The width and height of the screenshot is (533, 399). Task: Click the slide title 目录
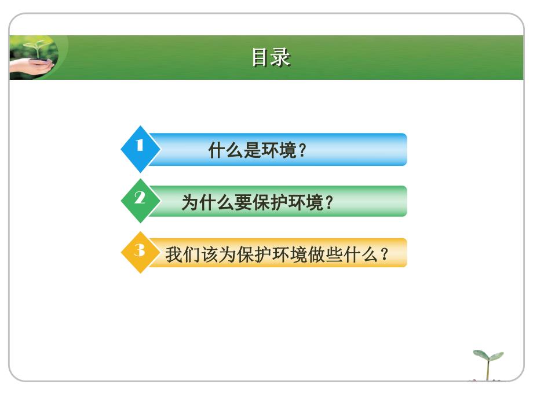click(271, 58)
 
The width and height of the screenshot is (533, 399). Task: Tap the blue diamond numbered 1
click(140, 148)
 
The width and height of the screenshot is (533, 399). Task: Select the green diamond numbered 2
click(140, 200)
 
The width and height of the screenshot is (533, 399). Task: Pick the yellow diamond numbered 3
click(140, 252)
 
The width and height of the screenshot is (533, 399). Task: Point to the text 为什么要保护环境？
click(258, 202)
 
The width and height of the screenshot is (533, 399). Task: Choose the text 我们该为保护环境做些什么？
click(278, 254)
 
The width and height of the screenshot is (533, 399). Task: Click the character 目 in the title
click(261, 58)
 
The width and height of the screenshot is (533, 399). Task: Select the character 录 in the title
click(281, 58)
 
